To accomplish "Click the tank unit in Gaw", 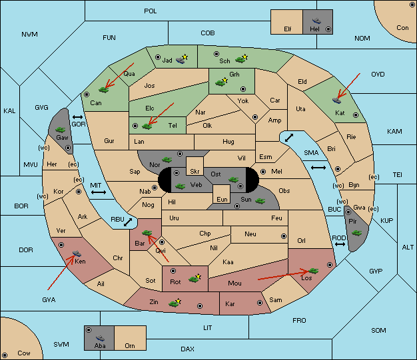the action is coord(61,130).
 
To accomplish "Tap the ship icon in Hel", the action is coord(316,21).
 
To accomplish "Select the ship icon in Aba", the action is coord(100,338).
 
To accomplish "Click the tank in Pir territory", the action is coord(357,233).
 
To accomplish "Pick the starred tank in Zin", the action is coord(175,303).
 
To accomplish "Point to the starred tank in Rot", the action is coord(195,278).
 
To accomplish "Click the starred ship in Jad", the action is coord(181,59).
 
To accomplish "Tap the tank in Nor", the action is coord(167,160).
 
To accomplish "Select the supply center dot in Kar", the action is coord(260,303).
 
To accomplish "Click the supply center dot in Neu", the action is coord(284,236).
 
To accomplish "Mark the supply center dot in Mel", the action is coord(263,172).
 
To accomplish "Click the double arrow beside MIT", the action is coord(99,192).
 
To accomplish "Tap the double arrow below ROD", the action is coord(340,244).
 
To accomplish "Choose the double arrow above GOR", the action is coord(77,117).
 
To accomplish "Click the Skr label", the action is coord(195,172).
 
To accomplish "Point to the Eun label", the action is coord(222,199).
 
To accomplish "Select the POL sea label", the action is coord(151,11).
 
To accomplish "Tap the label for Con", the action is coord(402,28).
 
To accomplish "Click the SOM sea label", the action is coord(378,330).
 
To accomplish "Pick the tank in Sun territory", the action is coord(260,200).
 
